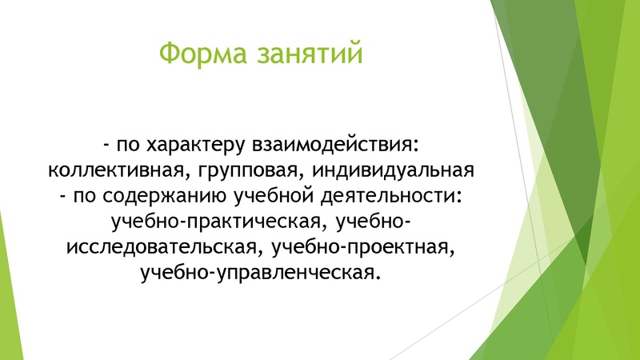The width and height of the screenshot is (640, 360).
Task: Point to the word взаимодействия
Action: pos(336,146)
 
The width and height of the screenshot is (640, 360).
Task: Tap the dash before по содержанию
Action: pos(61,198)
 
